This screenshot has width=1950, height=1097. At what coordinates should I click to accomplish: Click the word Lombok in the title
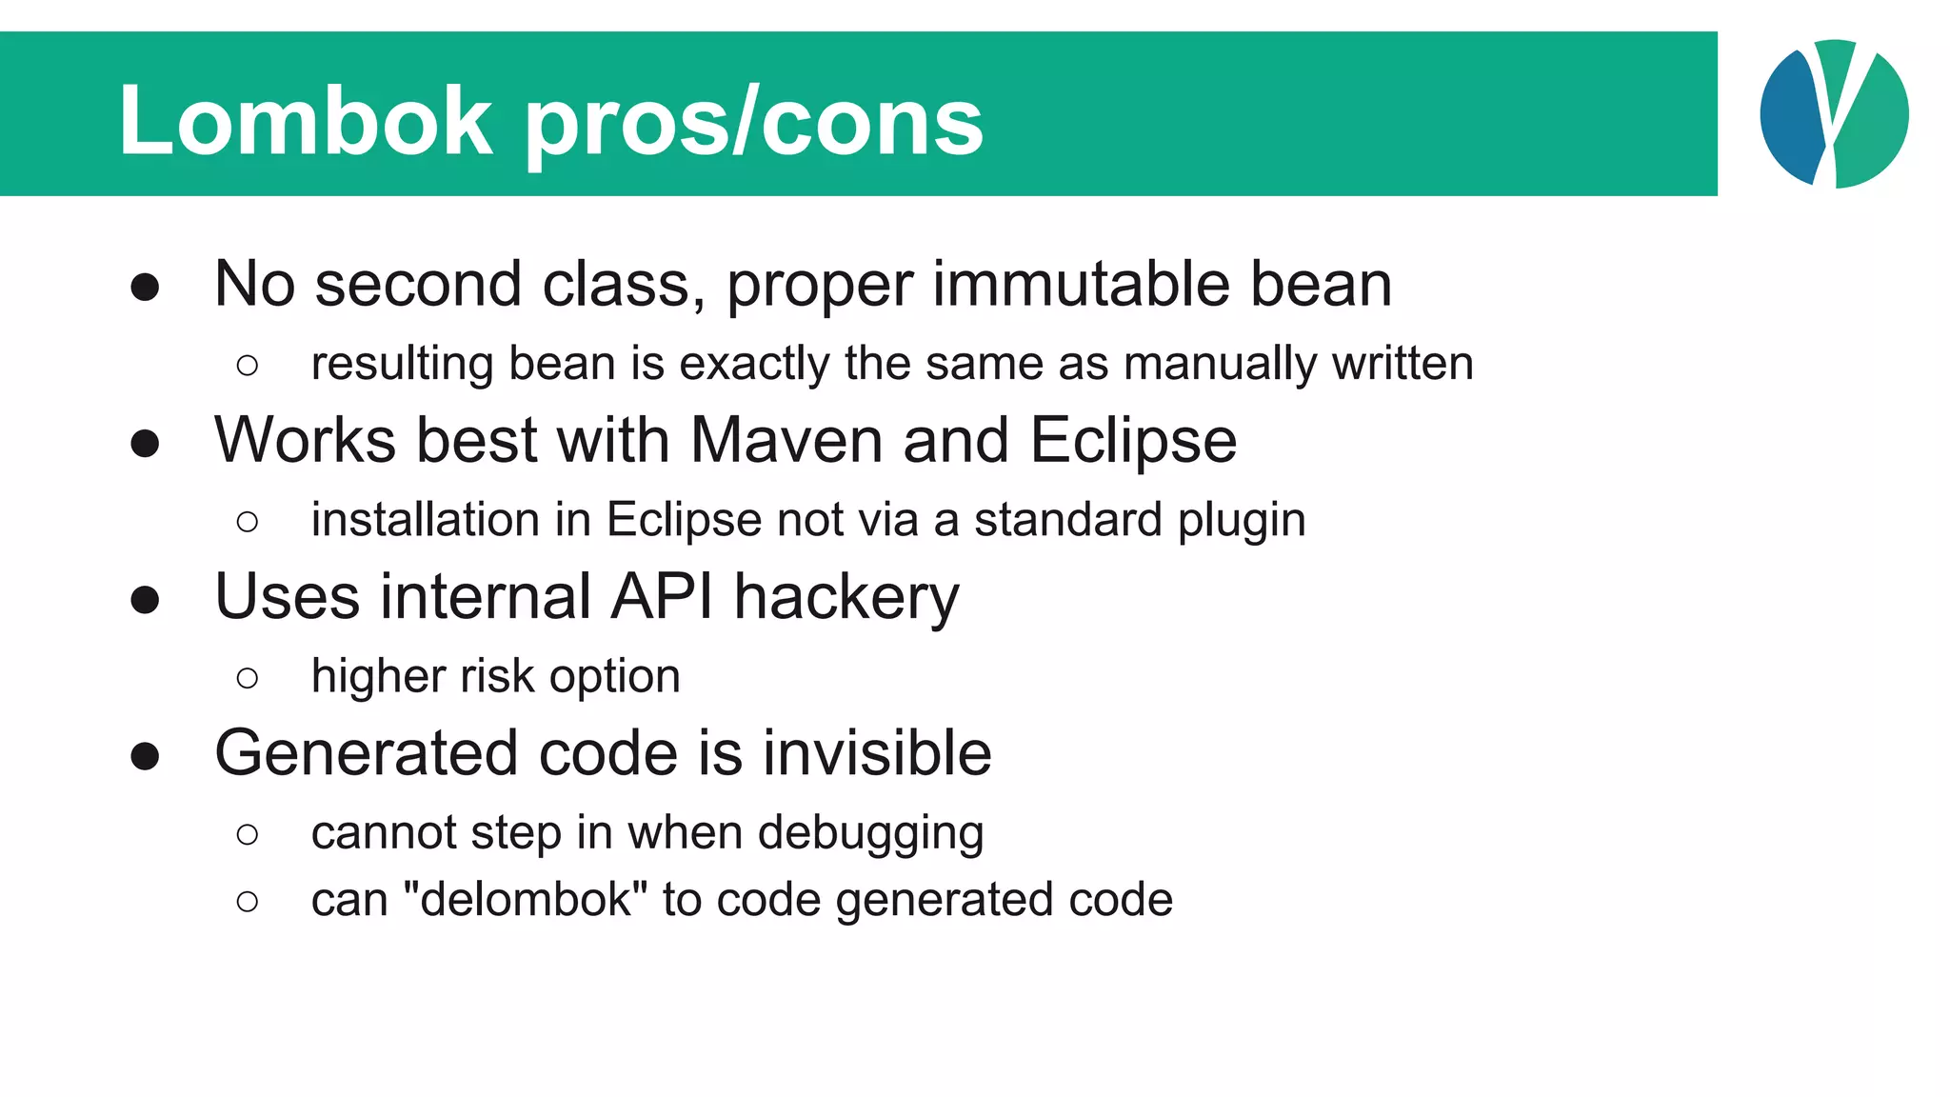coord(305,121)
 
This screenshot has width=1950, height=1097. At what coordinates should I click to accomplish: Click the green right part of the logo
coord(1873,124)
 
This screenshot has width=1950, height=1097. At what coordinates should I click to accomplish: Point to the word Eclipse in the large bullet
coord(1133,442)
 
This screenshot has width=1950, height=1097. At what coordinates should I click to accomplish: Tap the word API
coord(662,597)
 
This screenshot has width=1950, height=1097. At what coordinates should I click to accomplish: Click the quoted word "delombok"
coord(526,899)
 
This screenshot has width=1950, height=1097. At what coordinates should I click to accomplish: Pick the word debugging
coord(870,834)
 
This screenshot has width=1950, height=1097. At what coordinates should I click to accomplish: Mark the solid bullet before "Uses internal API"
coord(145,600)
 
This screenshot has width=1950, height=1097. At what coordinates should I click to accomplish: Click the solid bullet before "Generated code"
coord(145,756)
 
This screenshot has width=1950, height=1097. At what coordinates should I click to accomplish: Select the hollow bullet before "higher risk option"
coord(248,678)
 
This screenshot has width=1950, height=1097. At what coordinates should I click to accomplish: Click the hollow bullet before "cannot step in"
coord(248,834)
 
